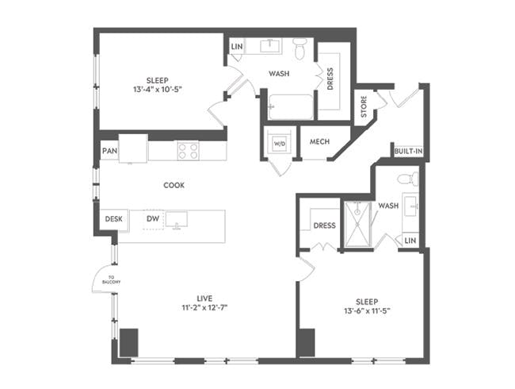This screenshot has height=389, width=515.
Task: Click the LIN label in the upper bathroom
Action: point(236,47)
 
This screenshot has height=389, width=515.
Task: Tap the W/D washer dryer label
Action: point(279,144)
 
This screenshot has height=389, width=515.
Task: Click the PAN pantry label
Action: point(109,150)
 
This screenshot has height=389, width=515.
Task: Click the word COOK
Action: point(174,185)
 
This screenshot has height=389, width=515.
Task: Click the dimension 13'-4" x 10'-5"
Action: point(156,90)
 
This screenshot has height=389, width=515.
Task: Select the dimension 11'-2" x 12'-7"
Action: point(202,307)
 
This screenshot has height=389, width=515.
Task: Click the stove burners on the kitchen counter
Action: point(187,149)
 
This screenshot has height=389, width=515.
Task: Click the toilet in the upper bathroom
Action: point(300,50)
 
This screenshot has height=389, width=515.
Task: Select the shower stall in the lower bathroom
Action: point(357,224)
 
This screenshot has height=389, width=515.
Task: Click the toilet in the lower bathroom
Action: point(406,179)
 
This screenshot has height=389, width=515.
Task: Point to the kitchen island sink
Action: point(177,220)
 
